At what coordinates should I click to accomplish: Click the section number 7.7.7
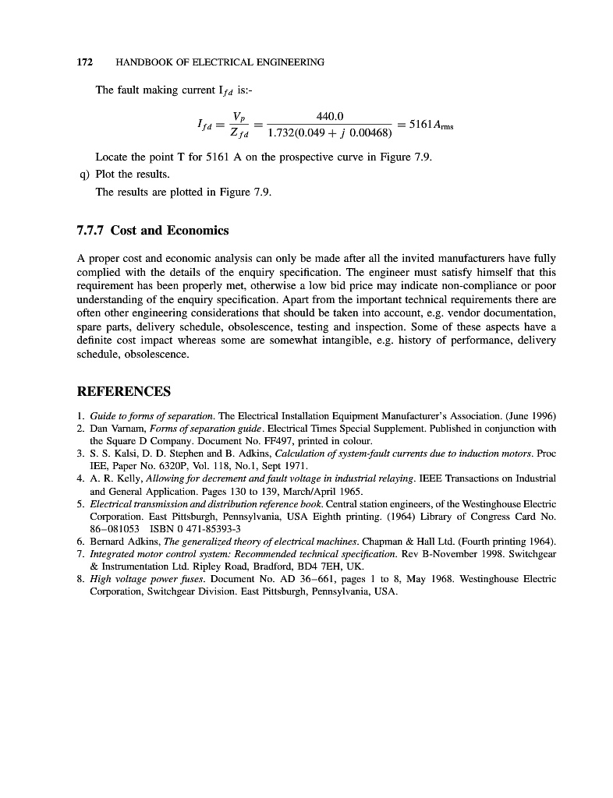tap(91, 231)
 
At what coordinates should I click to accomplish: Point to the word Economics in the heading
tap(198, 231)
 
